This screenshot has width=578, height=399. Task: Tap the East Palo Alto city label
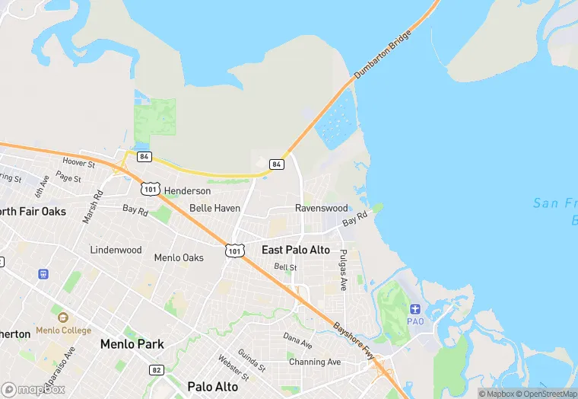[x=295, y=250]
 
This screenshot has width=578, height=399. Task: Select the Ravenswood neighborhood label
[x=321, y=208]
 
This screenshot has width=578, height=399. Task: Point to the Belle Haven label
[x=214, y=208]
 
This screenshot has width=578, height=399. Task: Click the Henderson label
[x=187, y=190]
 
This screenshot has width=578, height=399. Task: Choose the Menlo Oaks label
[x=179, y=257]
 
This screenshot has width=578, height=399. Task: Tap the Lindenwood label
[x=116, y=250]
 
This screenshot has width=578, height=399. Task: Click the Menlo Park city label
[x=132, y=344]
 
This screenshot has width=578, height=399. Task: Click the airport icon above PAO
[x=415, y=308]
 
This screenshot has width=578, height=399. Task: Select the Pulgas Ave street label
[x=344, y=270]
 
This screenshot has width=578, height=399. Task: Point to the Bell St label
[x=285, y=267]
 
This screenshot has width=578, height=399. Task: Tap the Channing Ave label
[x=315, y=362]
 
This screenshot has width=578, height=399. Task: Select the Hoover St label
[x=78, y=163]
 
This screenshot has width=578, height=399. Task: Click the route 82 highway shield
[x=156, y=369]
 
